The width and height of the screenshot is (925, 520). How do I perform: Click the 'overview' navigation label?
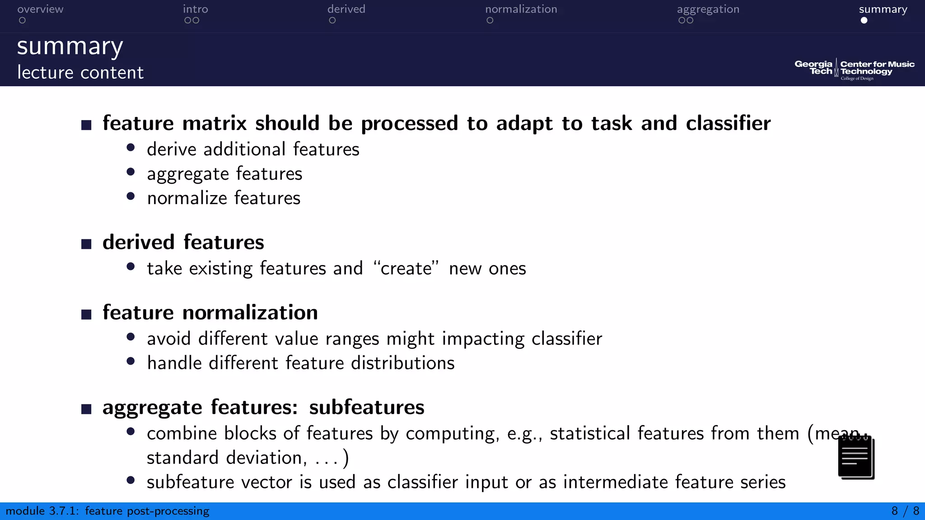[40, 9]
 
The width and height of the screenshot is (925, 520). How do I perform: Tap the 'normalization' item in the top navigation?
[521, 9]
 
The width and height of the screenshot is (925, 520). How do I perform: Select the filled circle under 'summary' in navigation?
[864, 20]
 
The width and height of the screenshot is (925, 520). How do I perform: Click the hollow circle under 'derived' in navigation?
[332, 20]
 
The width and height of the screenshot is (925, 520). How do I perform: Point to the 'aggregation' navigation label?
[708, 9]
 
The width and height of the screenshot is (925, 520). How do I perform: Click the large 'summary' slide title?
[70, 47]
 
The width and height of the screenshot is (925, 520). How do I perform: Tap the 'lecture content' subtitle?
[80, 73]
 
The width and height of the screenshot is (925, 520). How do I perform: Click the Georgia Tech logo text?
[813, 68]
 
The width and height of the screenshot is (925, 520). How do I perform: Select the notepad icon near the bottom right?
[855, 457]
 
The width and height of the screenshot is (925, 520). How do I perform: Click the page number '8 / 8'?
[905, 511]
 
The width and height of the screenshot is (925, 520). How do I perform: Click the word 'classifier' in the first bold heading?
[728, 123]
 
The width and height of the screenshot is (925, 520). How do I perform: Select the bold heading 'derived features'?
[183, 242]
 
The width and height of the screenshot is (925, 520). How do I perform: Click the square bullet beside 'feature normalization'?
[86, 314]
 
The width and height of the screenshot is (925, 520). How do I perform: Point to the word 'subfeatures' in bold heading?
[366, 407]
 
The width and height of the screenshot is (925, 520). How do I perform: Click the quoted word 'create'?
[406, 269]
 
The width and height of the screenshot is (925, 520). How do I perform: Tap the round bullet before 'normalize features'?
[131, 196]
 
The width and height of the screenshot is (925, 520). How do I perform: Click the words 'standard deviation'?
[224, 458]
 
